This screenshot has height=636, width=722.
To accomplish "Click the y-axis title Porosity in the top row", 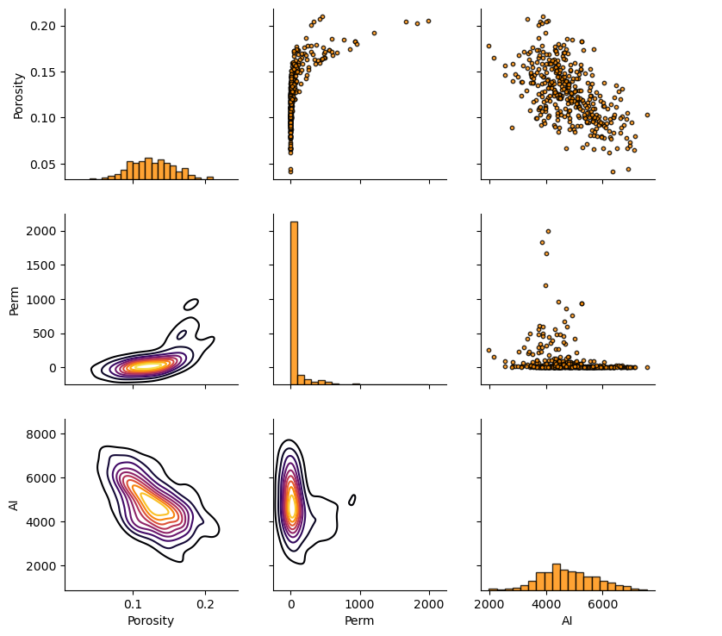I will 18,96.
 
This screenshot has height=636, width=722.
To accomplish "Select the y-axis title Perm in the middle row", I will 14,299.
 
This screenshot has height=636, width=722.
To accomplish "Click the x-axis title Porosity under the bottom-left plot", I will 151,620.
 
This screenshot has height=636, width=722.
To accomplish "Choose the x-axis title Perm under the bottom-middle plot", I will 359,620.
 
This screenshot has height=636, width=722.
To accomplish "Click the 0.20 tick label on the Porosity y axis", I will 44,26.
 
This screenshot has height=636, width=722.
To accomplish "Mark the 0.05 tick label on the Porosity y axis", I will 44,165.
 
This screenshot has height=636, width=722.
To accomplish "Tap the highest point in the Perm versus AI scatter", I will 548,231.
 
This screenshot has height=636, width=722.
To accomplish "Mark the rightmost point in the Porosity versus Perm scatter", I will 428,22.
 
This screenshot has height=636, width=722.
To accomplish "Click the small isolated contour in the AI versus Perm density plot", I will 352,500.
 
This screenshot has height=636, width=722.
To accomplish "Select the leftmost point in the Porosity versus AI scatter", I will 489,47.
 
